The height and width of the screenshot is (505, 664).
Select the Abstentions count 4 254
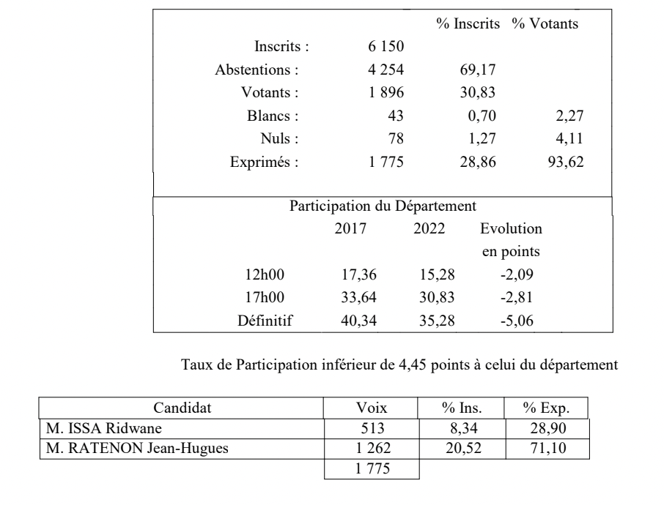point(386,70)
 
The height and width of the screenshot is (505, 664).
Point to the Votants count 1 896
point(386,93)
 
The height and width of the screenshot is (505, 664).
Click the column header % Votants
point(545,24)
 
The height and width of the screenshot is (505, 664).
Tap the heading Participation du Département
point(384,206)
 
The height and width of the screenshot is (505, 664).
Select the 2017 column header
point(350,228)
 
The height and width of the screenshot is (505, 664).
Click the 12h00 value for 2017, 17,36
point(350,275)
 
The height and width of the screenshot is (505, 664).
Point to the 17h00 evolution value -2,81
point(510,297)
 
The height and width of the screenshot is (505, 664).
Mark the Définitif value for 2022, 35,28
point(429,320)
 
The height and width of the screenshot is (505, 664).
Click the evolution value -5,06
point(510,320)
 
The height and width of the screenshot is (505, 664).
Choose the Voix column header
point(372,408)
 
